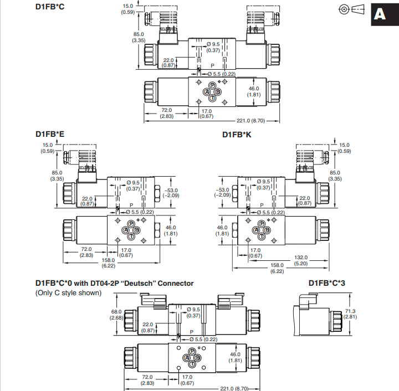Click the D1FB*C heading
click(x=50, y=7)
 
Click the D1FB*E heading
click(x=50, y=134)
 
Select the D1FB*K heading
click(x=237, y=135)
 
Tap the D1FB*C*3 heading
click(x=327, y=283)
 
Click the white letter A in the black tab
click(x=380, y=14)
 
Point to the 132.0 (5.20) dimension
click(x=301, y=260)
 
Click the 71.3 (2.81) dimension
click(x=350, y=313)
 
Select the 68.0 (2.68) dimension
click(x=116, y=315)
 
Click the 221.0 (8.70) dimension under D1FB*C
click(x=250, y=121)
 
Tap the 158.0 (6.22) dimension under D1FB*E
click(x=109, y=263)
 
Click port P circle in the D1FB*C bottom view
click(x=212, y=85)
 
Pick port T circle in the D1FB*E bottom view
click(x=131, y=236)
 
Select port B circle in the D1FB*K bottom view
click(x=267, y=230)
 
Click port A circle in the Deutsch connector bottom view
click(x=187, y=358)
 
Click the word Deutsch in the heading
click(x=138, y=283)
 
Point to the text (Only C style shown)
click(x=68, y=293)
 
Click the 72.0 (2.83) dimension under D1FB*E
click(x=86, y=252)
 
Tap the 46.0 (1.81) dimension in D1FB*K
click(x=222, y=230)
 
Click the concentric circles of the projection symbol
click(x=344, y=9)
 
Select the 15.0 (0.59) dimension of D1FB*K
click(x=344, y=148)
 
